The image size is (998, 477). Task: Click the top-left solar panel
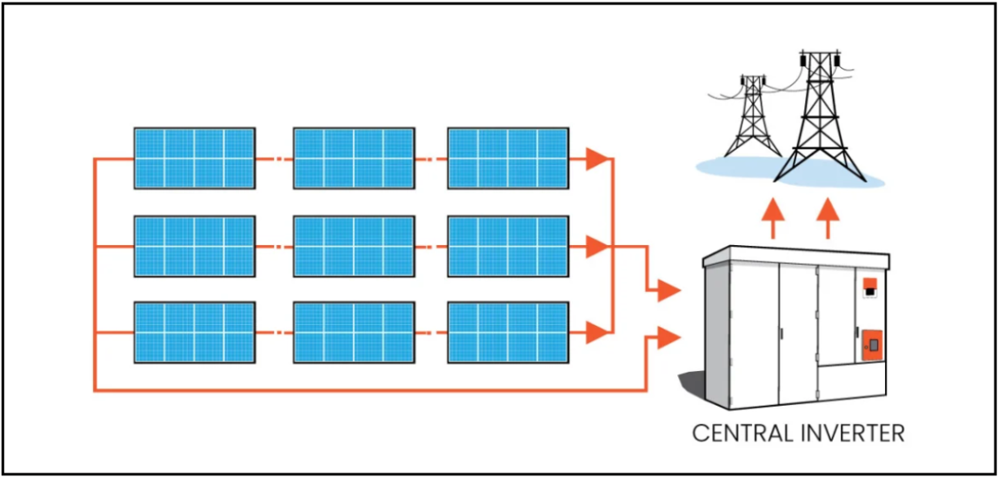194,158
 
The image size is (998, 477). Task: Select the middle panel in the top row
353,158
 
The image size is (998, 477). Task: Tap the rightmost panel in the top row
508,158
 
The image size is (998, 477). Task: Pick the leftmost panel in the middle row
194,246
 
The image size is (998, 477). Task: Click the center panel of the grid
353,246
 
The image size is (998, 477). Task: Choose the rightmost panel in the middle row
508,246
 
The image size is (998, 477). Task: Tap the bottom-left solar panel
194,332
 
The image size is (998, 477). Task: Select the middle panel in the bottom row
353,332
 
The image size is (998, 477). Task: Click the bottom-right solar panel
508,332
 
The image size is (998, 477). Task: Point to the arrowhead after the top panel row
596,158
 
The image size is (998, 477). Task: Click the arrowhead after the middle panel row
596,246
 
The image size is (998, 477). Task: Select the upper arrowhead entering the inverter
668,290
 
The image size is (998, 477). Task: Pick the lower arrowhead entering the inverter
668,337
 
